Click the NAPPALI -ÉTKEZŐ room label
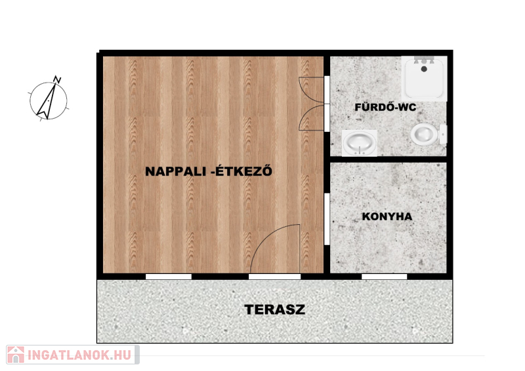pos(209,171)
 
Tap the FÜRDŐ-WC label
pos(385,107)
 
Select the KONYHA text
pos(387,216)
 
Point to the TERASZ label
pos(274,309)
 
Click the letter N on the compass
pos(57,79)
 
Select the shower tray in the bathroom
pos(424,79)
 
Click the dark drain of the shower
pos(424,69)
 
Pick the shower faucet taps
pos(424,60)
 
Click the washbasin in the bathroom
pos(359,143)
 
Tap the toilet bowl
pos(424,134)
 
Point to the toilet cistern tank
pos(443,134)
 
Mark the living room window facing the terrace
pos(169,277)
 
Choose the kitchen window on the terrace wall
pos(385,277)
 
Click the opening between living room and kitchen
pos(327,219)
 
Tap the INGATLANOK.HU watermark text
pos(79,355)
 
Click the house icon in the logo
pos(16,355)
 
